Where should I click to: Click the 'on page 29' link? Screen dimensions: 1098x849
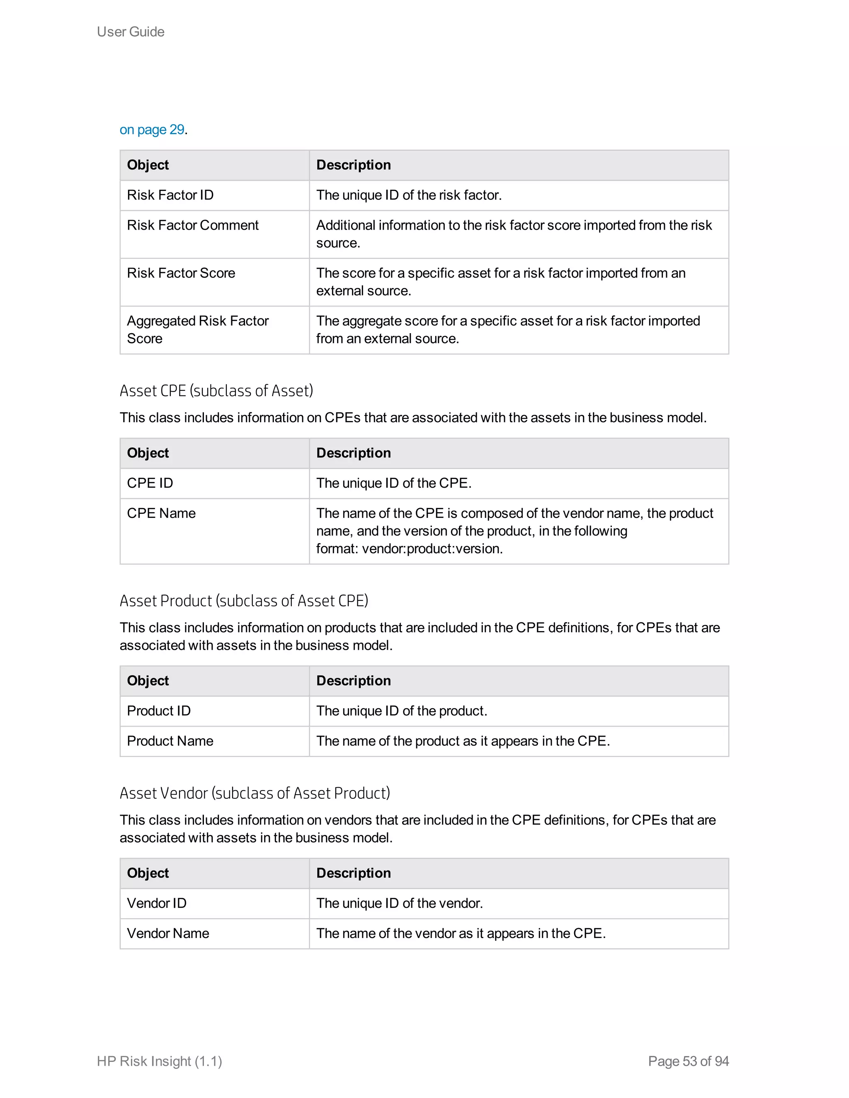(152, 130)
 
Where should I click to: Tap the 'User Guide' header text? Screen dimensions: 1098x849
(131, 31)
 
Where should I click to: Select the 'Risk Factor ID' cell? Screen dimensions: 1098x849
(170, 195)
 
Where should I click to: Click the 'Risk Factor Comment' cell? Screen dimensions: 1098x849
(193, 225)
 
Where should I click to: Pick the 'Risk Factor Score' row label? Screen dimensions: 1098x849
(181, 273)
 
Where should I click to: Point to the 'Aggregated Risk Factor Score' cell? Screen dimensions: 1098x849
(197, 329)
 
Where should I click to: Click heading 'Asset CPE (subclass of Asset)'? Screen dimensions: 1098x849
(216, 391)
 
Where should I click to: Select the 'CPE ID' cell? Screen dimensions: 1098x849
(150, 483)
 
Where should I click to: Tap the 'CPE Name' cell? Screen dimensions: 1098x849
(161, 513)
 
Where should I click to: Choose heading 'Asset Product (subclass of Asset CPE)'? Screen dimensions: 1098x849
(244, 601)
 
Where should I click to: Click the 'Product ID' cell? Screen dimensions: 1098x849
(158, 711)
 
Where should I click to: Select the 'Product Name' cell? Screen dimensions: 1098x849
(170, 741)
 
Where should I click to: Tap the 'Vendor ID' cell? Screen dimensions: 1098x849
(156, 903)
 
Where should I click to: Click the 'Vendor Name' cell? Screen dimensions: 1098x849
(168, 934)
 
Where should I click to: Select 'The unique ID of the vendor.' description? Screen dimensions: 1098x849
(399, 903)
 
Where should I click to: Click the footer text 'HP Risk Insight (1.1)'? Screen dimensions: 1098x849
(160, 1061)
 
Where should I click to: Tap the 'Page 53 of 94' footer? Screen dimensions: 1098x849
(688, 1061)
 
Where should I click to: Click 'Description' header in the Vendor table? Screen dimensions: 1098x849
(353, 873)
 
